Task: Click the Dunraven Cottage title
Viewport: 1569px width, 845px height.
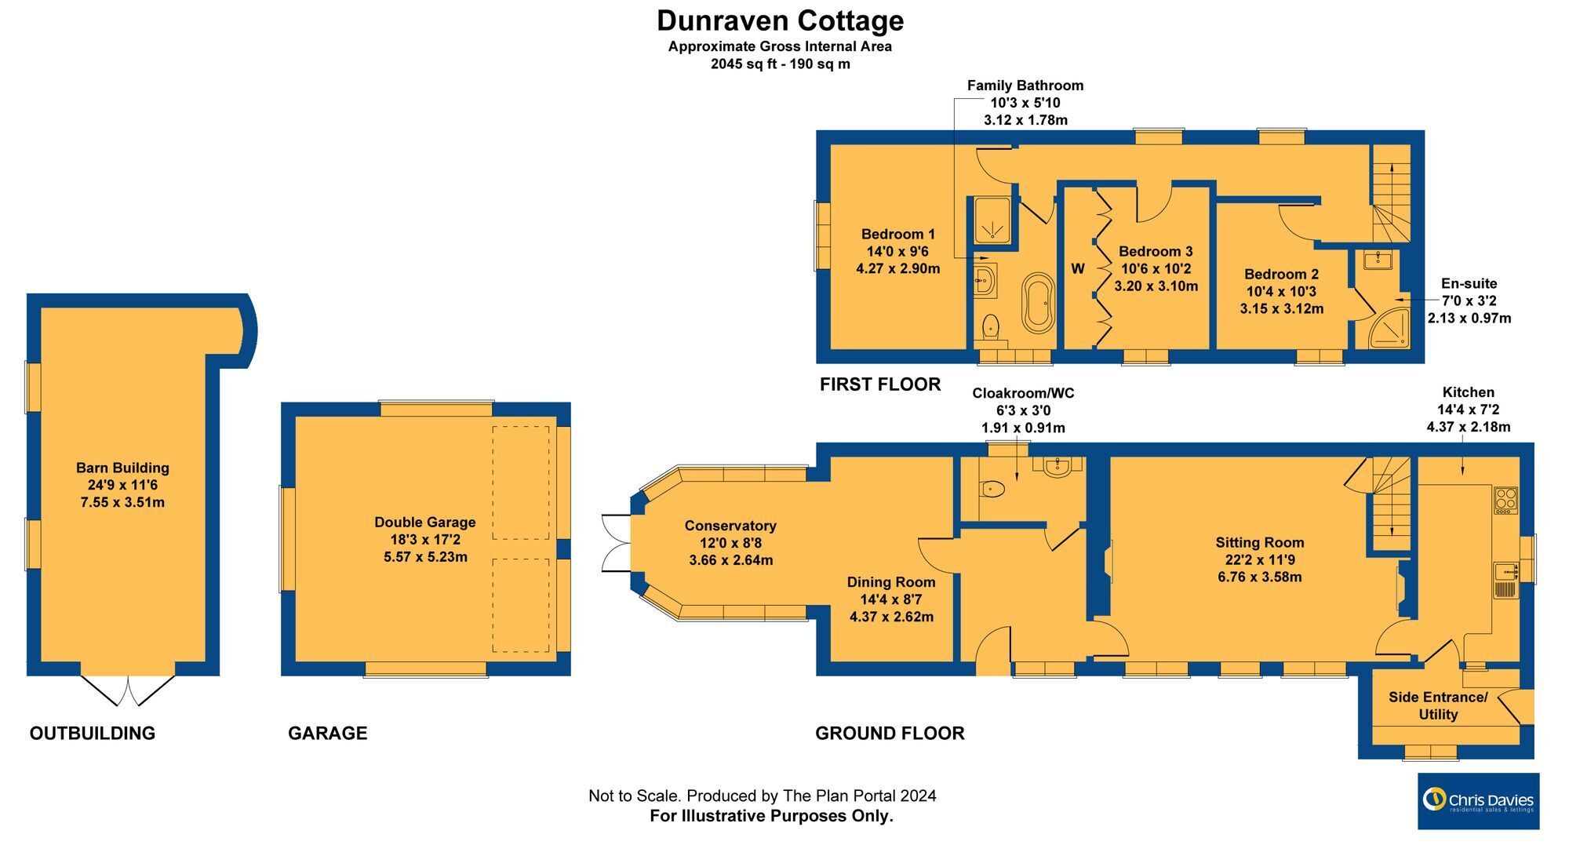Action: pos(780,20)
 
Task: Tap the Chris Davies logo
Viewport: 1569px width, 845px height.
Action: pos(1478,801)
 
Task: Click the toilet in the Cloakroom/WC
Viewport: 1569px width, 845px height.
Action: pos(992,489)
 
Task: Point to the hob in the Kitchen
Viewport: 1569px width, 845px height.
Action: pos(1505,500)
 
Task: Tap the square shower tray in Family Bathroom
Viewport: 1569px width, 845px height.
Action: pos(992,219)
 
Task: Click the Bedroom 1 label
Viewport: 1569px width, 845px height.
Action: pos(898,234)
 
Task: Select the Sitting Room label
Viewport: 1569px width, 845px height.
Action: pos(1260,542)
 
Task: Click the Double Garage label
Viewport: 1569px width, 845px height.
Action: pos(425,522)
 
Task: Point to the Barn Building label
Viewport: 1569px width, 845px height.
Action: pos(122,468)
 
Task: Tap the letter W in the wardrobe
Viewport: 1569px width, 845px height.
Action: pos(1078,268)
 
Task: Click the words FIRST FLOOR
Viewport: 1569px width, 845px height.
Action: pos(880,384)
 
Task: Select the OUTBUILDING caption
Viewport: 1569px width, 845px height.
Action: pos(93,733)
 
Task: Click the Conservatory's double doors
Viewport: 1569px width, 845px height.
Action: pos(617,543)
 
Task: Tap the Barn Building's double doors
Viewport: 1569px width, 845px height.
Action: pos(128,690)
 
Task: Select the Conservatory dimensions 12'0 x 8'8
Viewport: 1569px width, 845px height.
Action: pos(730,543)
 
